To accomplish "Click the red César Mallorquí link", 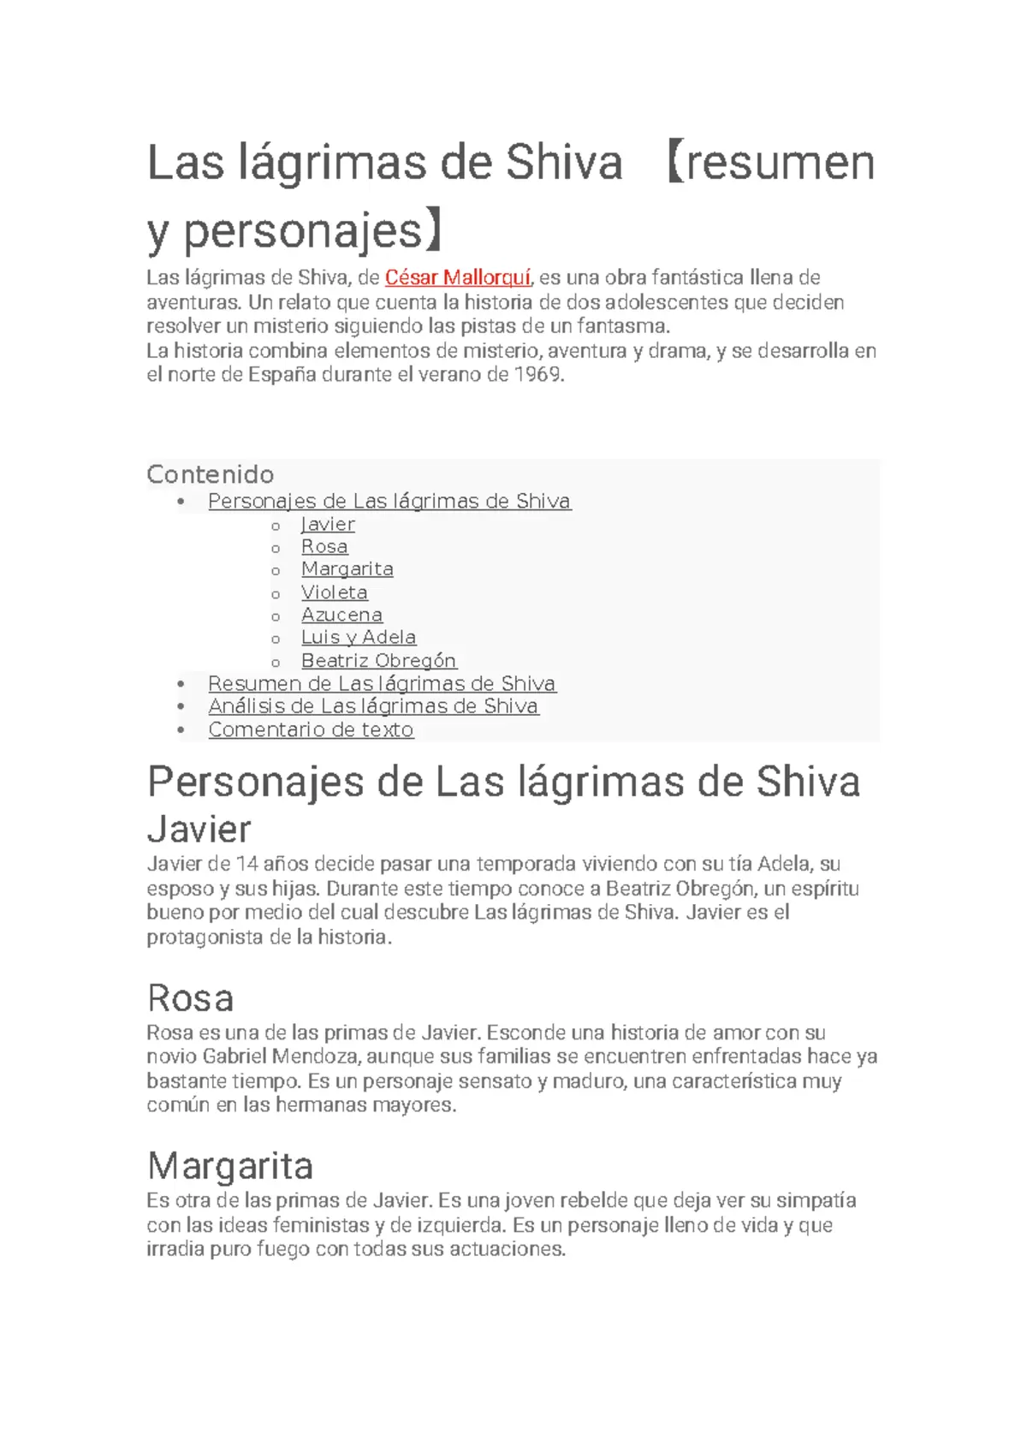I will coord(458,277).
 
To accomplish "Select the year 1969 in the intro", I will coord(537,374).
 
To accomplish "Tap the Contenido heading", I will coord(211,474).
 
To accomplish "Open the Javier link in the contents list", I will coord(328,524).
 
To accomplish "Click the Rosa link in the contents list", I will coord(324,546).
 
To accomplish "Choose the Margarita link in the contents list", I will coord(347,569).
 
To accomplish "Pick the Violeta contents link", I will coord(334,592).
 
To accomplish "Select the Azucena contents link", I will coord(341,615).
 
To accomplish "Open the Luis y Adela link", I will coord(358,637).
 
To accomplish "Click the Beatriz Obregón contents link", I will coord(378,661).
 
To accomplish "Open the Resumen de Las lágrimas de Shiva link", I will coord(382,683).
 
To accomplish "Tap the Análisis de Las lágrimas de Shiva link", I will coord(373,706).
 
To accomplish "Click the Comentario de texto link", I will coord(311,729).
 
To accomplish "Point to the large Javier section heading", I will coord(199,829).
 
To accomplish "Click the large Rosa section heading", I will coord(190,998).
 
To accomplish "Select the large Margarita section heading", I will coord(230,1166).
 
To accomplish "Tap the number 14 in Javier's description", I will coord(246,864).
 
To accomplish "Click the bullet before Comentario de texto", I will coord(181,730).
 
